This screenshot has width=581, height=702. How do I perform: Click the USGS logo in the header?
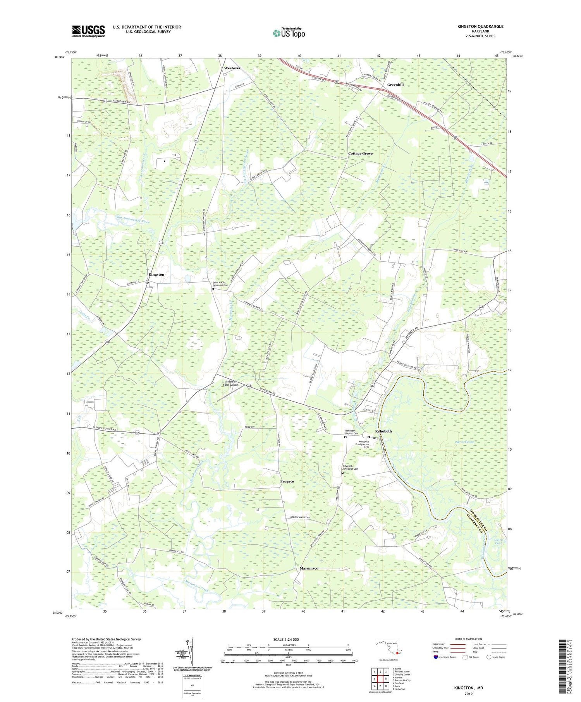88,31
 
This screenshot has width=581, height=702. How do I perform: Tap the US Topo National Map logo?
289,33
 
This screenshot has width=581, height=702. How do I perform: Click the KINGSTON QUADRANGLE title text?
481,26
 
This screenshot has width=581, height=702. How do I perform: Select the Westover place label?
232,68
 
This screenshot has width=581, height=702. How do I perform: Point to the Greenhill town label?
395,84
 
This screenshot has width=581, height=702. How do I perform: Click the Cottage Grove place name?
360,154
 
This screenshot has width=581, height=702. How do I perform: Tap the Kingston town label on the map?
156,275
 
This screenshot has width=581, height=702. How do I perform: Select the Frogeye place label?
287,481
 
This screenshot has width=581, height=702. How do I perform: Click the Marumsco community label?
309,568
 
